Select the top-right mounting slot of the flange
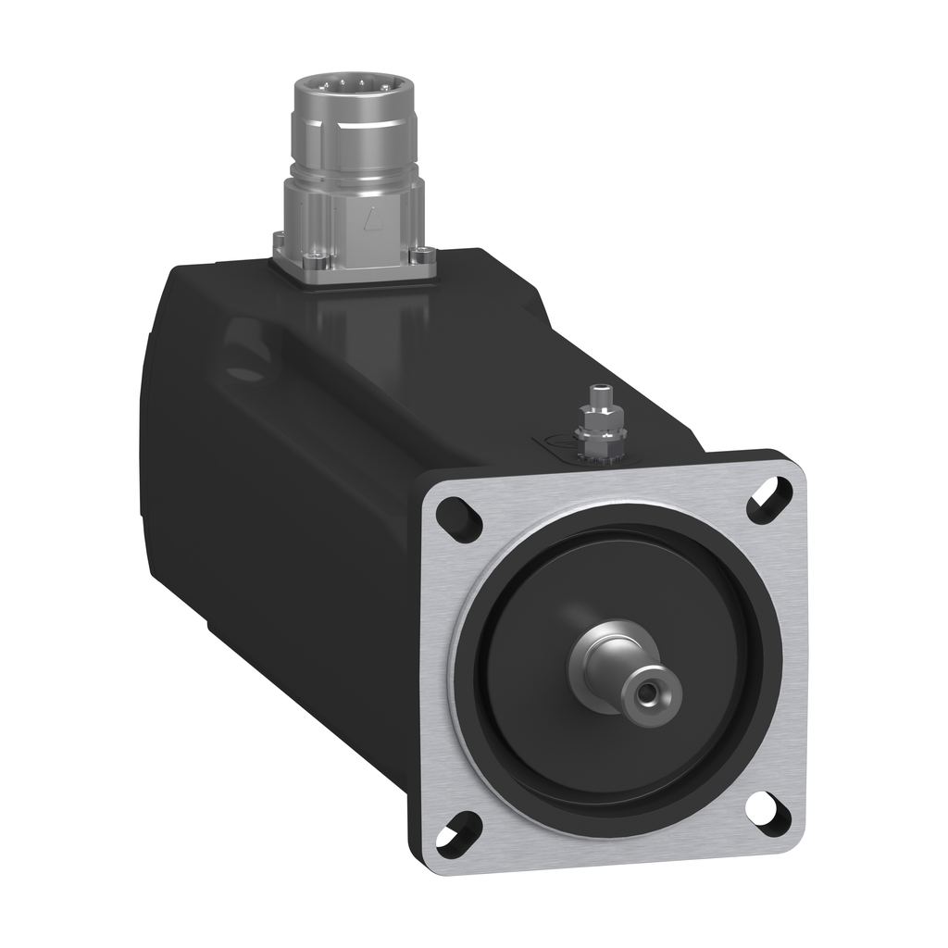coord(770,500)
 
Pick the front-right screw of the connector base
coord(424,256)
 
